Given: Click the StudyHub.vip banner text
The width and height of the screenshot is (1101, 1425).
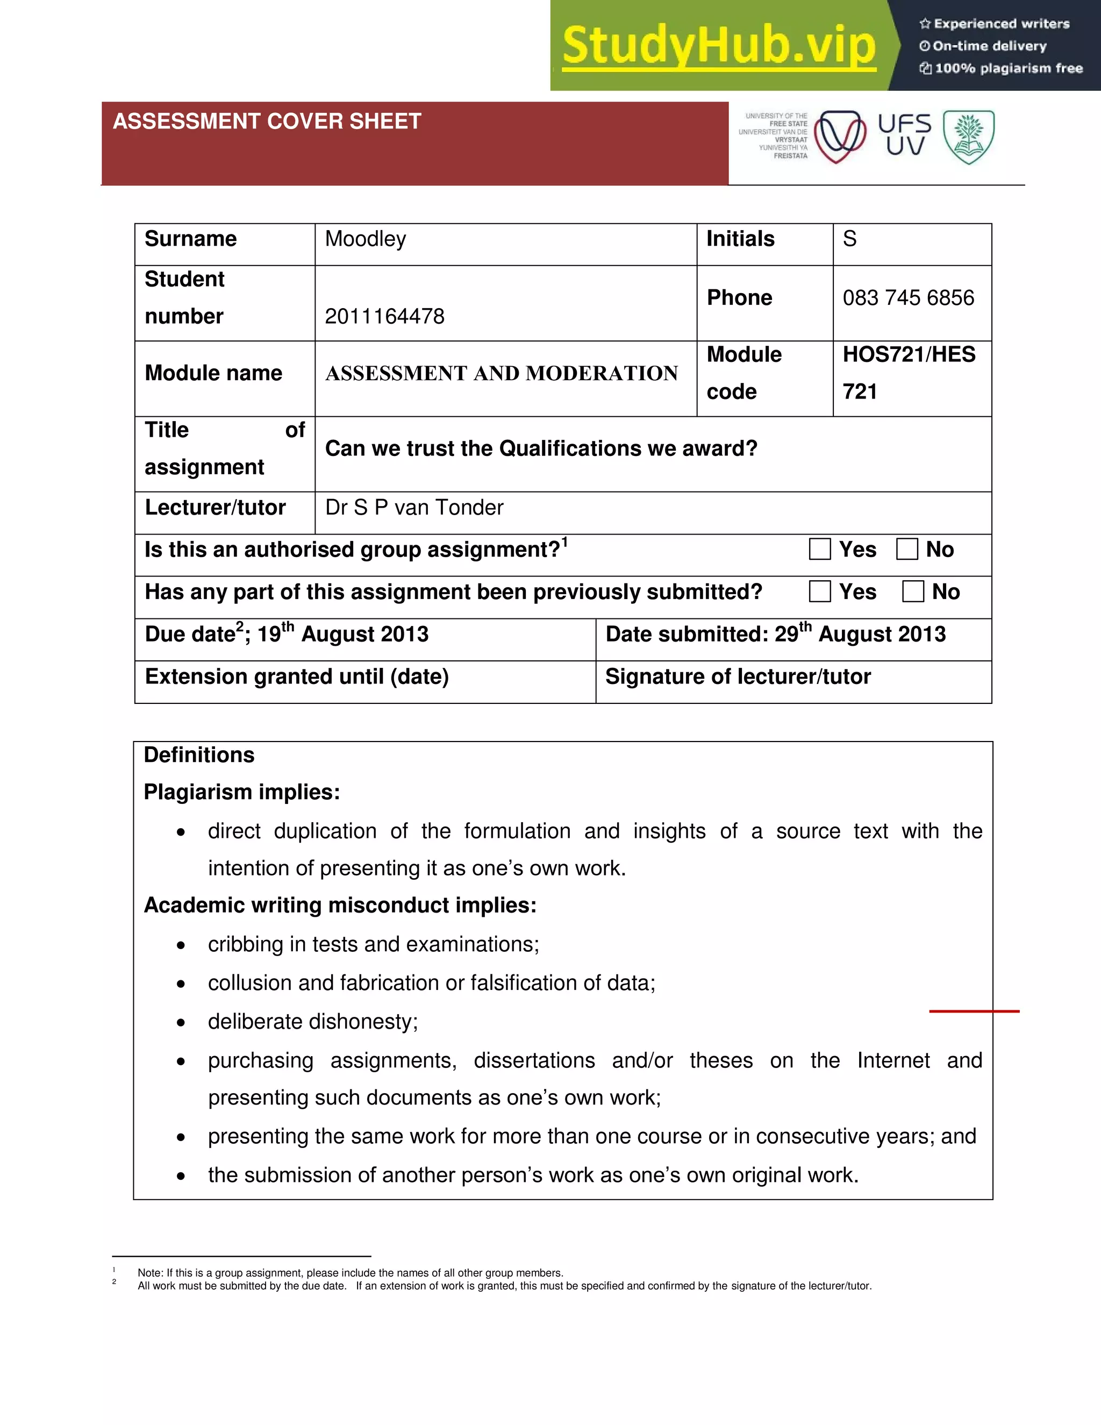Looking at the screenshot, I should click(719, 46).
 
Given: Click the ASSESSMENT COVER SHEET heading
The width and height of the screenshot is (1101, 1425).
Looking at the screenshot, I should click(267, 122).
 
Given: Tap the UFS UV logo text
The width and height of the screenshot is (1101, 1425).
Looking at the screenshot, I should click(905, 134).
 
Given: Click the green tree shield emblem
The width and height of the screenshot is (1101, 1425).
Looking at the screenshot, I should click(969, 137).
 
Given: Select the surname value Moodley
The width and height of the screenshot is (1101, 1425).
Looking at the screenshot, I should click(365, 239).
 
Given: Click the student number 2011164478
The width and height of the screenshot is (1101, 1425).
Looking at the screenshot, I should click(384, 316).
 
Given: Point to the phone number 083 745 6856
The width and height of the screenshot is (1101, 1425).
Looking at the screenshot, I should click(908, 298).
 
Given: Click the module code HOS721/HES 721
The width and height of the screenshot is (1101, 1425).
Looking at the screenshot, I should click(909, 373).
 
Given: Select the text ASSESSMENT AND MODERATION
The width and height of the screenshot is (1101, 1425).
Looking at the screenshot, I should click(502, 373).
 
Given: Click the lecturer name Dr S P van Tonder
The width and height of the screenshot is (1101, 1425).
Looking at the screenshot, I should click(414, 508).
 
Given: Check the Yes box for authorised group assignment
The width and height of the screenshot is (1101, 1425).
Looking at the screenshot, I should click(820, 550).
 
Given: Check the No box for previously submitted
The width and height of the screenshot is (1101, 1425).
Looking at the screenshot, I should click(913, 592).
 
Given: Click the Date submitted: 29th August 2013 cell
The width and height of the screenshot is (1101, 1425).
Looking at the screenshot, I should click(776, 634).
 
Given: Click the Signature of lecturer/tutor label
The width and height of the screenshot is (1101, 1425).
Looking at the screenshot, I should click(738, 676).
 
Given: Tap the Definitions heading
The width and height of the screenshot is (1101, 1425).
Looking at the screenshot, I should click(199, 755).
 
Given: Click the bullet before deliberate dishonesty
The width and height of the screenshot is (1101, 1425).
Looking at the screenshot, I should click(181, 1022).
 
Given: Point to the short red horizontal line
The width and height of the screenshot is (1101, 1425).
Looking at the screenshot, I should click(974, 1011).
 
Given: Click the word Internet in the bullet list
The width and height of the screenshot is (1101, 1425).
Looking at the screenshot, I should click(893, 1061).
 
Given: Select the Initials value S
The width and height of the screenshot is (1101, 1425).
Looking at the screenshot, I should click(849, 239).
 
